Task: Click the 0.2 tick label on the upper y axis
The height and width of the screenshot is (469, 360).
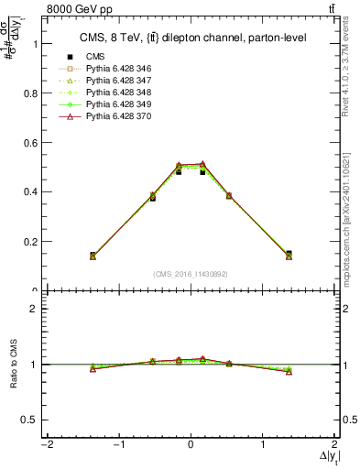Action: pos(34,242)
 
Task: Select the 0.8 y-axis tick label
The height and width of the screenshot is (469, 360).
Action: pos(34,93)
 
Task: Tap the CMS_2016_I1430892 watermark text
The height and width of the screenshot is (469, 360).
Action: pos(190,275)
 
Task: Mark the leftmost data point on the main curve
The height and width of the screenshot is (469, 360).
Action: pos(93,256)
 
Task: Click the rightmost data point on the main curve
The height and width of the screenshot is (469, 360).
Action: pos(289,255)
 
